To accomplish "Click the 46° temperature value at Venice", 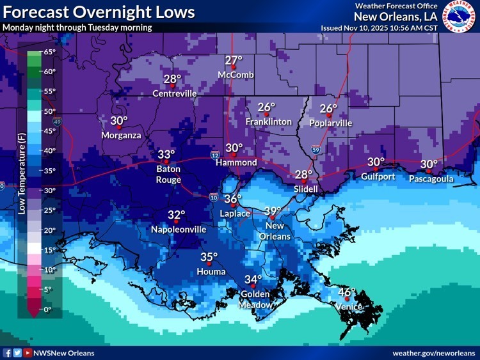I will pyautogui.click(x=346, y=292).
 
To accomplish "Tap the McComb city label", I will pyautogui.click(x=236, y=75).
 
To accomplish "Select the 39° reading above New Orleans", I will pyautogui.click(x=273, y=211).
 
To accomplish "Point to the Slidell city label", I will pyautogui.click(x=306, y=189).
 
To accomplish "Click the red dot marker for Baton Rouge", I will pyautogui.click(x=166, y=162).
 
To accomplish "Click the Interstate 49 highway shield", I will pyautogui.click(x=58, y=121).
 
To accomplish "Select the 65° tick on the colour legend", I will pyautogui.click(x=50, y=52).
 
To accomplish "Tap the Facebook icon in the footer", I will pyautogui.click(x=8, y=353).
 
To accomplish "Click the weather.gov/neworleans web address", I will pyautogui.click(x=433, y=353).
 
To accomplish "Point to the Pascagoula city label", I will pyautogui.click(x=431, y=179).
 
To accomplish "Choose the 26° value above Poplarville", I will pyautogui.click(x=328, y=109).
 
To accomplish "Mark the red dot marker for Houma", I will pyautogui.click(x=209, y=263).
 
